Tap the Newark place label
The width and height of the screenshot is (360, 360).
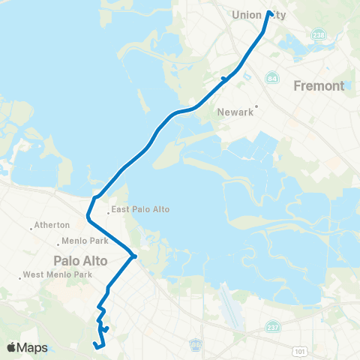point(232,112)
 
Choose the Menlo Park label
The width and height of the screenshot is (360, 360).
point(84,242)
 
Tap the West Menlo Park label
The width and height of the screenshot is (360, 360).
point(58,274)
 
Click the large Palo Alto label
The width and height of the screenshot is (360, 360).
point(80,260)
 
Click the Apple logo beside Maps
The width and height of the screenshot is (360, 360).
point(12,347)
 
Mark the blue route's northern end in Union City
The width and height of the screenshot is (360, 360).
point(268,12)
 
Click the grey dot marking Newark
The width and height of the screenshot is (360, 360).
point(256,106)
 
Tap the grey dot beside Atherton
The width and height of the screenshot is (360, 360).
point(30,225)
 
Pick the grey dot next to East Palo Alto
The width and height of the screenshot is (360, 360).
point(108,211)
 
